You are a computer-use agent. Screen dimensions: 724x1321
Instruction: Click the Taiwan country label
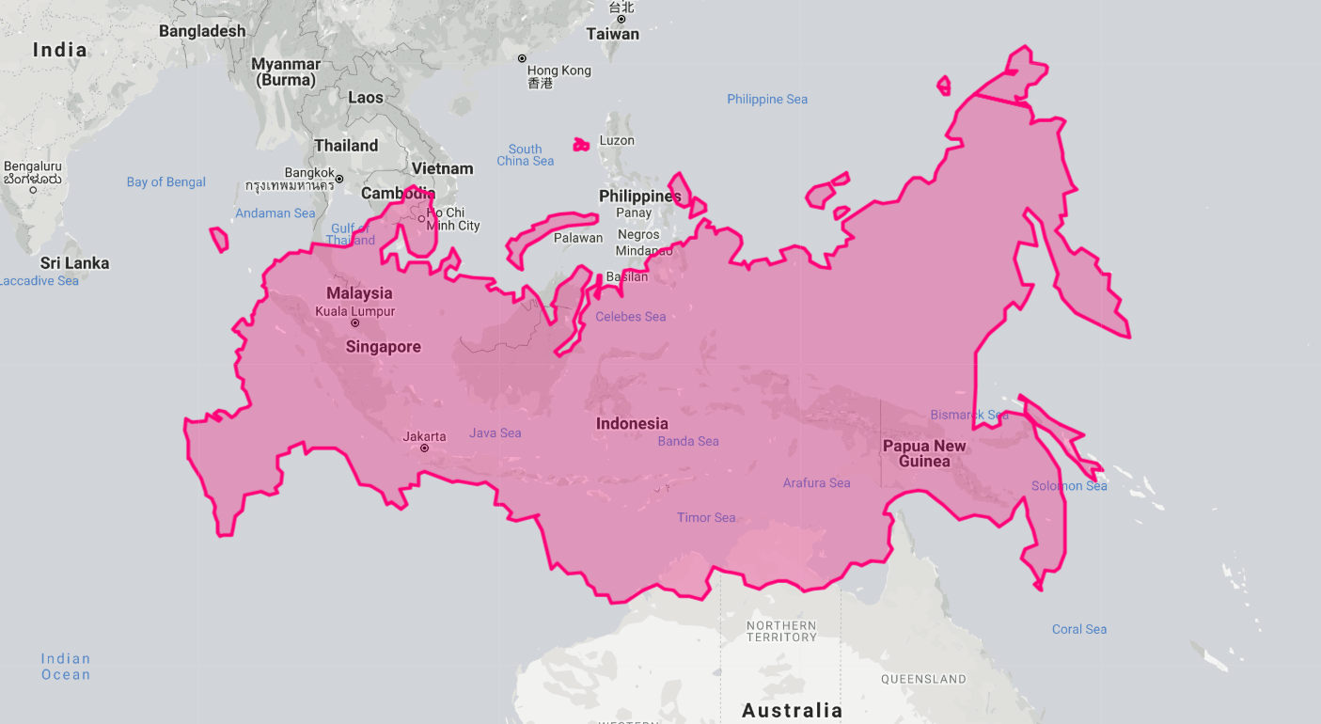(612, 34)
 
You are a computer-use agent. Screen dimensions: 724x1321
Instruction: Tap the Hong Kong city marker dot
(522, 58)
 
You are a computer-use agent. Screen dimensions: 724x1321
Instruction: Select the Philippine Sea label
(766, 99)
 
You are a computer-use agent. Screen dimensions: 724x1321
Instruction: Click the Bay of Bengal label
(166, 181)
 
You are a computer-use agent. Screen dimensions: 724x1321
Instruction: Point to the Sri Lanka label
(74, 263)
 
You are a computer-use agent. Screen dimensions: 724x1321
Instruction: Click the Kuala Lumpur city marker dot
(354, 323)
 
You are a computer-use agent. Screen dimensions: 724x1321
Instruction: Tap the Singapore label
(383, 347)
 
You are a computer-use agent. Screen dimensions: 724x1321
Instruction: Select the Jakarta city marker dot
(424, 449)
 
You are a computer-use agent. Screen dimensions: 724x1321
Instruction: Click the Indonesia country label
(632, 423)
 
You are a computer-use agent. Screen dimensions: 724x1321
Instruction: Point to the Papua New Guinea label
(924, 453)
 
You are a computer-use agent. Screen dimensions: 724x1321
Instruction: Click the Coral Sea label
(1078, 629)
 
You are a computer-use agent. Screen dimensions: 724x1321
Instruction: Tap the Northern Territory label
(781, 631)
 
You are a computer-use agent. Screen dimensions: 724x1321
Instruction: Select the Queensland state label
(922, 679)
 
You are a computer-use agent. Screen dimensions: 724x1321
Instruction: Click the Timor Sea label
(706, 517)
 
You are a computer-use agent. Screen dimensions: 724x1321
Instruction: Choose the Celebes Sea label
(630, 317)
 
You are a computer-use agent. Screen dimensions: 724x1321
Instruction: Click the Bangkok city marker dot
(339, 179)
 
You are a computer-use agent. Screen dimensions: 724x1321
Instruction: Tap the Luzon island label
(617, 140)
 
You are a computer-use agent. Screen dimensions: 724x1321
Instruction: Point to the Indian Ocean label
(66, 667)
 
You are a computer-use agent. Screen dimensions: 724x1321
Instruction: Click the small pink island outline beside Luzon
(581, 145)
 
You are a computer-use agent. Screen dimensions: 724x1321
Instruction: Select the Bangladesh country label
(202, 31)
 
